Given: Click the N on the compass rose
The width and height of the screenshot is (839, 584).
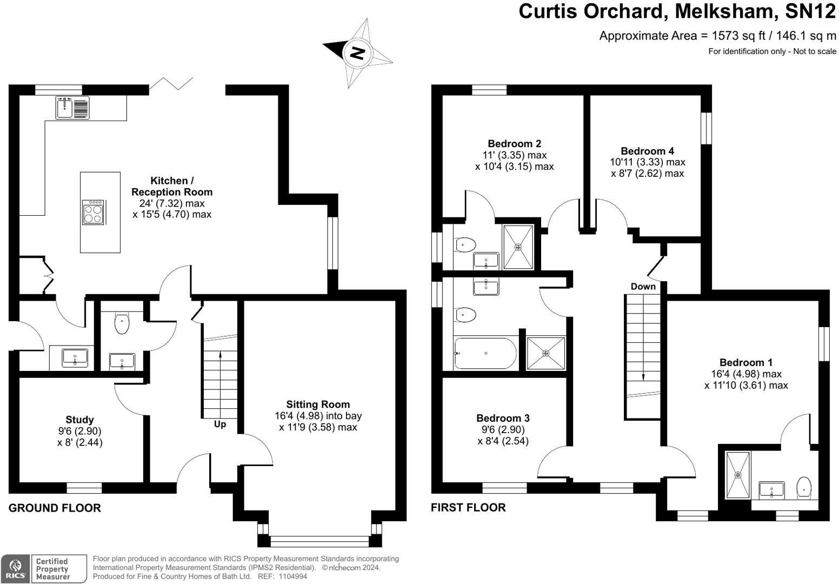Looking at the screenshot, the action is tap(357, 53).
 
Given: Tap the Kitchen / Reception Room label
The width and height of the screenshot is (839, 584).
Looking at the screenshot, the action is tap(172, 186).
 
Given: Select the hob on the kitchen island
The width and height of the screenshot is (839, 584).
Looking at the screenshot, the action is tap(94, 212).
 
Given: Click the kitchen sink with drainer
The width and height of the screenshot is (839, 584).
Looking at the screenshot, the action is tap(72, 108).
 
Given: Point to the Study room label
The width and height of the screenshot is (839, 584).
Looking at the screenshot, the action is tap(79, 420).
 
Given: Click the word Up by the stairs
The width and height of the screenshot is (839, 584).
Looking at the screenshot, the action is tap(220, 424).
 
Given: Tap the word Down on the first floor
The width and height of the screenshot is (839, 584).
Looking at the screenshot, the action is tap(643, 287).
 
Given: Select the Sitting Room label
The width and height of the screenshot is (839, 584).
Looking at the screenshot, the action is tap(318, 404).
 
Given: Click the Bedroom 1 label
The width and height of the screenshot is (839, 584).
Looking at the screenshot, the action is tap(746, 363).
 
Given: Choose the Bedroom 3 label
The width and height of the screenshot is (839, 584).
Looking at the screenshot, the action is tap(503, 418).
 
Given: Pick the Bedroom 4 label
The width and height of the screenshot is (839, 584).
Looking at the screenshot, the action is tap(647, 151).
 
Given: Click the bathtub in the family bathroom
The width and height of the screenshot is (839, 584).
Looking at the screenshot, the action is tap(485, 353).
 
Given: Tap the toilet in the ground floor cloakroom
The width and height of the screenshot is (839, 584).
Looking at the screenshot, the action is tap(122, 323).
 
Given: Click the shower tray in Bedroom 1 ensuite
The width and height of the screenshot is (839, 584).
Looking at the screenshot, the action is tap(738, 475).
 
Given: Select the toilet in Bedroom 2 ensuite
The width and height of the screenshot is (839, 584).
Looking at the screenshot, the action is tap(465, 245).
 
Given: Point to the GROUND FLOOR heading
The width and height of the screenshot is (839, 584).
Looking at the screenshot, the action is tap(55, 508).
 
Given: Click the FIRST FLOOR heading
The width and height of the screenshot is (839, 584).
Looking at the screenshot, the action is tap(468, 508).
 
